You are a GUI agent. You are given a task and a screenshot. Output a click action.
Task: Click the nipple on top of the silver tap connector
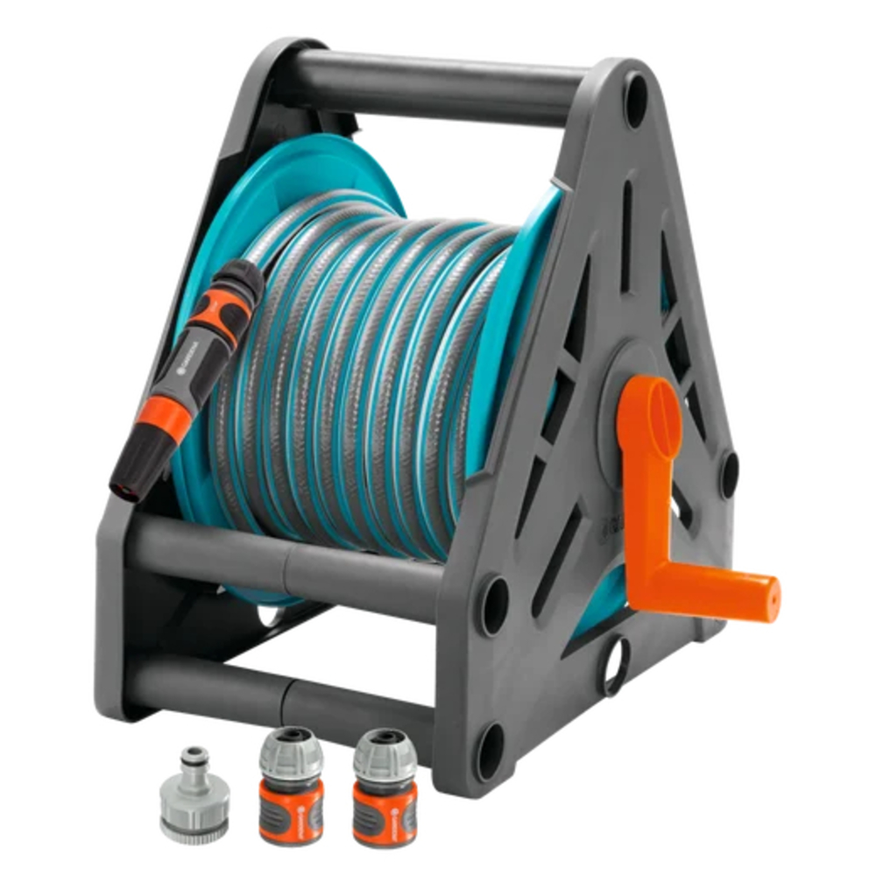194,759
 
